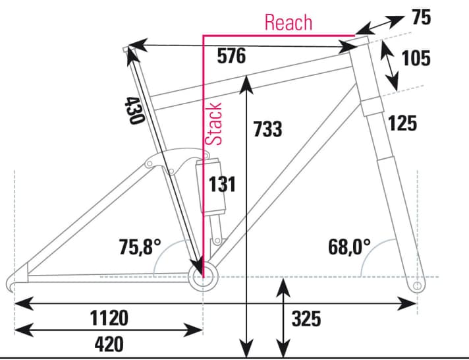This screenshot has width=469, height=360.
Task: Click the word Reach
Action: click(288, 22)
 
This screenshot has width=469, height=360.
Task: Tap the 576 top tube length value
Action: click(231, 57)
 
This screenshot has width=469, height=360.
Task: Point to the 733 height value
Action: click(268, 129)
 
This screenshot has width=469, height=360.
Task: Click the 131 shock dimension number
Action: click(222, 184)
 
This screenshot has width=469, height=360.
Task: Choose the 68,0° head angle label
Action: click(349, 247)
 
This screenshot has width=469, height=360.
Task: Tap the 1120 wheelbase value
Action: click(109, 318)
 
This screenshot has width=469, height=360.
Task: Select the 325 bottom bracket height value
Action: click(306, 319)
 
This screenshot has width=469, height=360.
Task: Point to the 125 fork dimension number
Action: click(402, 123)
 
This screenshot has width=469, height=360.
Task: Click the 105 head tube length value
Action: click(416, 58)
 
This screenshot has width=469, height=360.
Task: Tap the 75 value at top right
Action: click(421, 18)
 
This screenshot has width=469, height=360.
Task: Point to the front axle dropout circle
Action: click(416, 285)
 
